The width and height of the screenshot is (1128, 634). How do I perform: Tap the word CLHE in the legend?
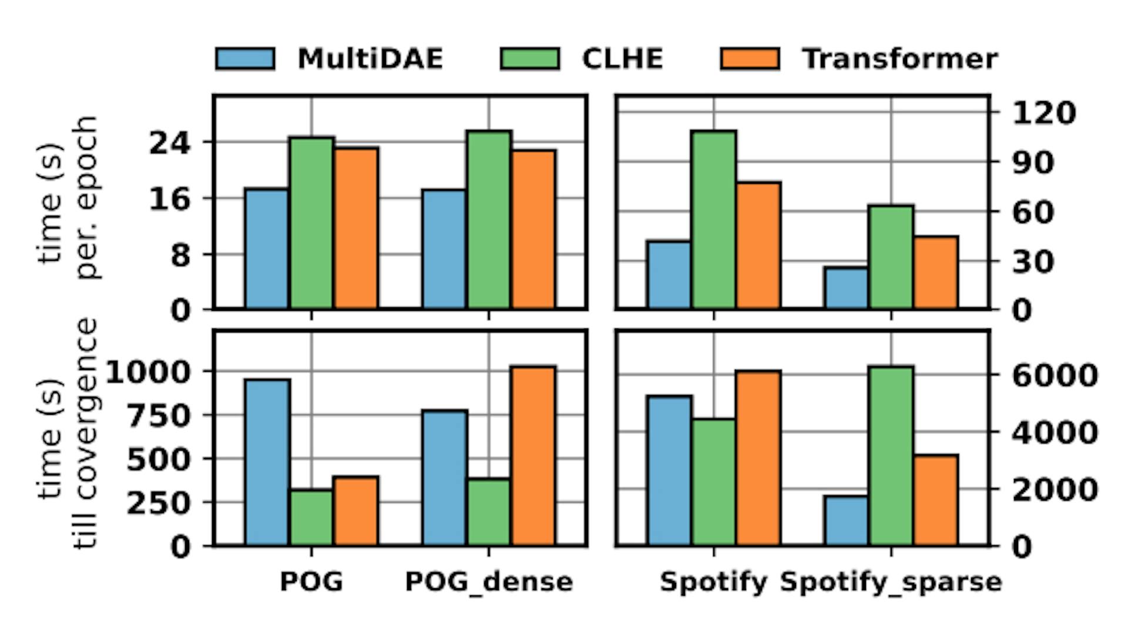pyautogui.click(x=622, y=59)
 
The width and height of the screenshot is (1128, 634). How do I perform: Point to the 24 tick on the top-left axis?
pyautogui.click(x=170, y=143)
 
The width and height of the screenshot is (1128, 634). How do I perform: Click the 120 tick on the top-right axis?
pyautogui.click(x=1043, y=112)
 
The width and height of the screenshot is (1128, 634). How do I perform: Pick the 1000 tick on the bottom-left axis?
pyautogui.click(x=148, y=372)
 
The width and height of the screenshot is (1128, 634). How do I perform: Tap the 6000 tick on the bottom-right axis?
pyautogui.click(x=1054, y=375)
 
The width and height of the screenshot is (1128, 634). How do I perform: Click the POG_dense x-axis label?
pyautogui.click(x=489, y=582)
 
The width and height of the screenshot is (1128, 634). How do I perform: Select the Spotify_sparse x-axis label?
pyautogui.click(x=891, y=582)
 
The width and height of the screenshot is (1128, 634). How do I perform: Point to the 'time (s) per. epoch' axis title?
pyautogui.click(x=68, y=199)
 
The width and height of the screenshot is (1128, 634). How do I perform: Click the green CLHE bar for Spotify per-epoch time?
pyautogui.click(x=714, y=220)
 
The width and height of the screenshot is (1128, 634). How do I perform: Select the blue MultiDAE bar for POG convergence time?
pyautogui.click(x=267, y=462)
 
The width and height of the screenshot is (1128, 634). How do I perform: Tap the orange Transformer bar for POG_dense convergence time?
pyautogui.click(x=533, y=456)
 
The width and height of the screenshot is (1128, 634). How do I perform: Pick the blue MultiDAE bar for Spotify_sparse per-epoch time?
pyautogui.click(x=846, y=288)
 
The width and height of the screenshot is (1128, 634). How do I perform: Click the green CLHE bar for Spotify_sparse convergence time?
pyautogui.click(x=891, y=456)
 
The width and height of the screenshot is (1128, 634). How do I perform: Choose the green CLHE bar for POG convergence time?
pyautogui.click(x=311, y=517)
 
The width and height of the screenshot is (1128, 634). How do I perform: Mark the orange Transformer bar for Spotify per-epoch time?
pyautogui.click(x=758, y=245)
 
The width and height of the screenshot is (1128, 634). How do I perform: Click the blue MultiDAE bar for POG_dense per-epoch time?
pyautogui.click(x=444, y=249)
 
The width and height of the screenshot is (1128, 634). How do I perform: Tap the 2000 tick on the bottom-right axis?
pyautogui.click(x=1054, y=489)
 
